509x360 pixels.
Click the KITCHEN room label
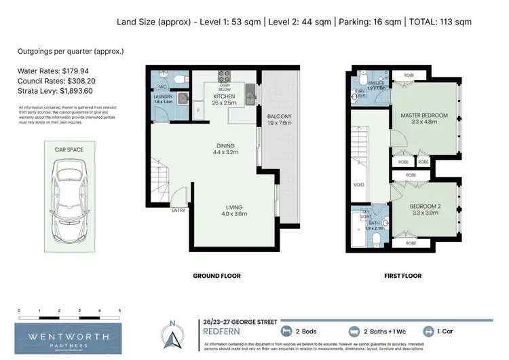coord(223,96)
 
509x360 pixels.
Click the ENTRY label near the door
coord(178,210)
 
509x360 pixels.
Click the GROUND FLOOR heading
coord(216,276)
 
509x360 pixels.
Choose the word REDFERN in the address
coord(225,332)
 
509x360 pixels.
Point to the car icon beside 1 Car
coord(429,331)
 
